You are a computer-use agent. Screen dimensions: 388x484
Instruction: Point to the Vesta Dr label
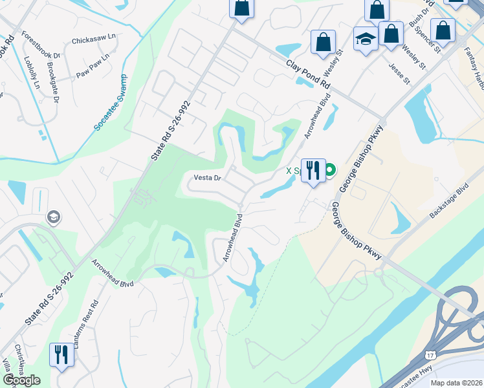(x=208, y=178)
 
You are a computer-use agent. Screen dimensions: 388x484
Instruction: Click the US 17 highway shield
(x=430, y=355)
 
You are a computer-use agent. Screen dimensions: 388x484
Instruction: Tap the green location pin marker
(x=330, y=171)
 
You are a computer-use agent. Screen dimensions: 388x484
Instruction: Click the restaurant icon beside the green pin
(x=313, y=171)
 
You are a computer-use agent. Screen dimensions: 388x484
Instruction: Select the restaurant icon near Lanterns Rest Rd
(x=62, y=354)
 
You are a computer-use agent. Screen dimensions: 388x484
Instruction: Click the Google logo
(x=21, y=380)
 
